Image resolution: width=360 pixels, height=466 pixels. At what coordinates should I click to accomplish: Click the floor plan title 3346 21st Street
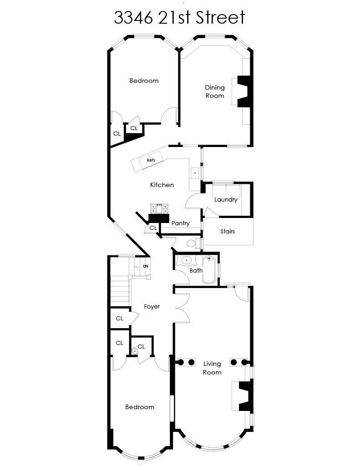[180, 17]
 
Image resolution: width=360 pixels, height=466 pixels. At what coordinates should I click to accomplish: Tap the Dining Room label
[215, 91]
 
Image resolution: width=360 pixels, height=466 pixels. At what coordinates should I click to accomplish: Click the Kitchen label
[162, 185]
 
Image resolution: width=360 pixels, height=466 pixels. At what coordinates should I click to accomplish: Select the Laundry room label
[226, 200]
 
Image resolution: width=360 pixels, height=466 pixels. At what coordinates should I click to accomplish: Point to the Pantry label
[180, 223]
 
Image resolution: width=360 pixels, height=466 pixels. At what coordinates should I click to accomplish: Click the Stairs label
[228, 231]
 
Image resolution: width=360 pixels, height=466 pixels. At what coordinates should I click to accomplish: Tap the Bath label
[196, 270]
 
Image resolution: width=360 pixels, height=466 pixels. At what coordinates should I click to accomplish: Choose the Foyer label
[152, 307]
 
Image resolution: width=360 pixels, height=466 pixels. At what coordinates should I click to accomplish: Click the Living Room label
[212, 368]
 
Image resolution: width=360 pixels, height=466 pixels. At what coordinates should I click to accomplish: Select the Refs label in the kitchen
[151, 160]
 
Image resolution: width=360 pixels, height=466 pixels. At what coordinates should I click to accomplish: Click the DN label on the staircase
[145, 266]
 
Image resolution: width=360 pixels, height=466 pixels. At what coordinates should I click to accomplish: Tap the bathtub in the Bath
[209, 270]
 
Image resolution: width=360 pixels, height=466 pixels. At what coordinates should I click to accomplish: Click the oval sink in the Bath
[187, 261]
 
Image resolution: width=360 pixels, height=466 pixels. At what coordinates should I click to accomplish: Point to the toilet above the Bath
[193, 243]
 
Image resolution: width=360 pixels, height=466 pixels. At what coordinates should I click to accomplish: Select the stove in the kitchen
[159, 208]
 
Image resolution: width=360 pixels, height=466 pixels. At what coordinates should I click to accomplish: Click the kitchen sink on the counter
[195, 173]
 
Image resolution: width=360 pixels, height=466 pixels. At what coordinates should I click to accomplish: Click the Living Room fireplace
[246, 396]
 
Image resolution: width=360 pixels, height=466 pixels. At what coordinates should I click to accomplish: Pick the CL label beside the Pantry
[153, 228]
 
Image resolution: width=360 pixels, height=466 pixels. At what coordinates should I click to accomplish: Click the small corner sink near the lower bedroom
[135, 351]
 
